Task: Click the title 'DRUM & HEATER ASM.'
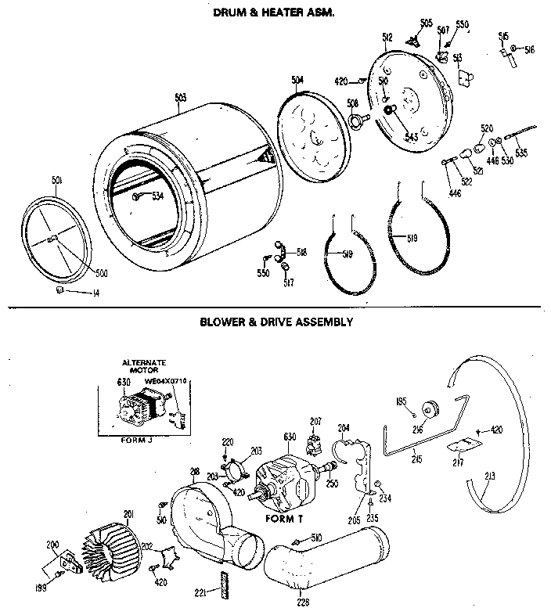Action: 268,13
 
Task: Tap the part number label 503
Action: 180,98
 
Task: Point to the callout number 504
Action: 297,80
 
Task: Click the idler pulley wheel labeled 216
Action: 429,410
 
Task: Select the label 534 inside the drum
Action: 158,196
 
